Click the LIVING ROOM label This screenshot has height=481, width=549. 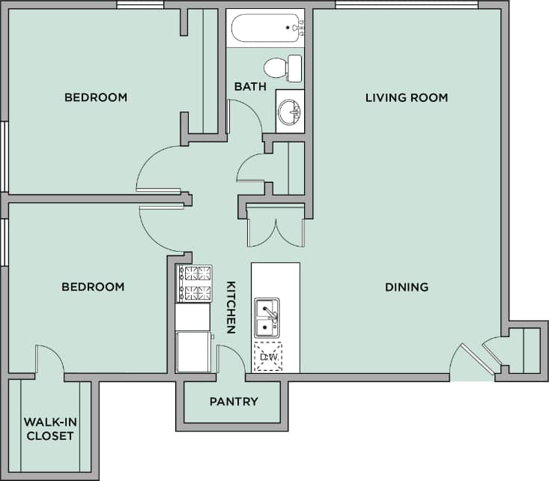click(406, 97)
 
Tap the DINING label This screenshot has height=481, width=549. click(406, 287)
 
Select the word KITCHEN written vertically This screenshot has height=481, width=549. click(231, 307)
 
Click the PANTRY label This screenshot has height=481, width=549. click(234, 402)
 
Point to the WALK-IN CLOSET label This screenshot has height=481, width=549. click(49, 429)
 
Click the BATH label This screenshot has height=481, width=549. click(249, 87)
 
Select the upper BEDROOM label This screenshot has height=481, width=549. click(95, 97)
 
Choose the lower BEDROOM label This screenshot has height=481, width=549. click(93, 287)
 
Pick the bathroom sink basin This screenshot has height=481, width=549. click(289, 113)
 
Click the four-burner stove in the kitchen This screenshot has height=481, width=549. click(193, 283)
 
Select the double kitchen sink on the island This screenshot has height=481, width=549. click(267, 318)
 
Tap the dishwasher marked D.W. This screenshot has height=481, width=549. click(268, 357)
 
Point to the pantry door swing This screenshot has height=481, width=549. click(231, 358)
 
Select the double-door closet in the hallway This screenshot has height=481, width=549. click(275, 225)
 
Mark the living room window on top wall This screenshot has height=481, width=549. click(406, 5)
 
